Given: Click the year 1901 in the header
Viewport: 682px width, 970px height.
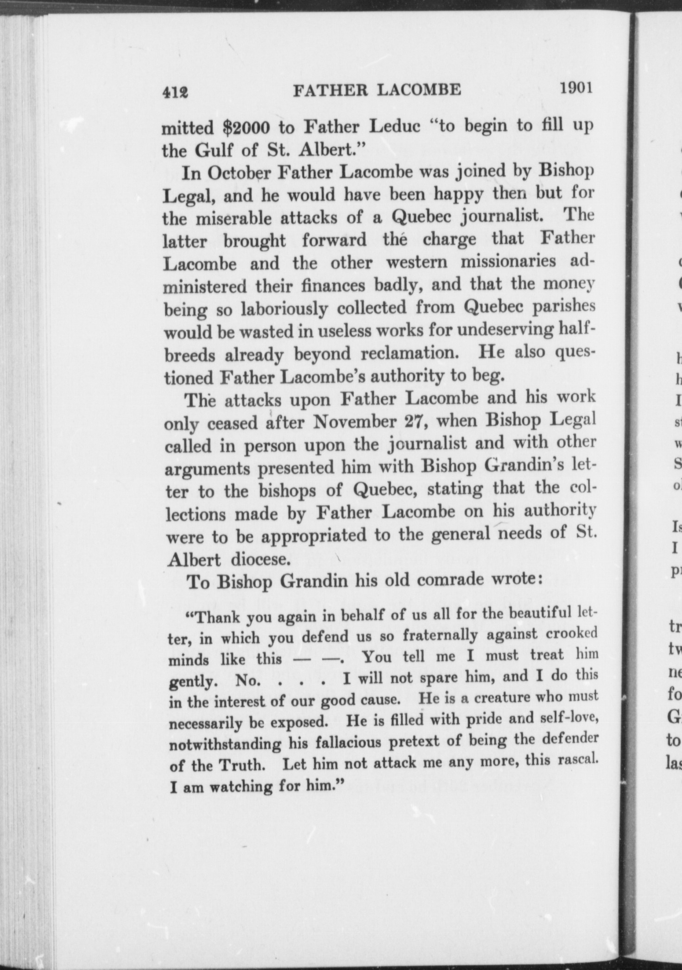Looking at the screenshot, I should pyautogui.click(x=576, y=87).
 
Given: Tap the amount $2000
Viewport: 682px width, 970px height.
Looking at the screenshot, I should pyautogui.click(x=246, y=128).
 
